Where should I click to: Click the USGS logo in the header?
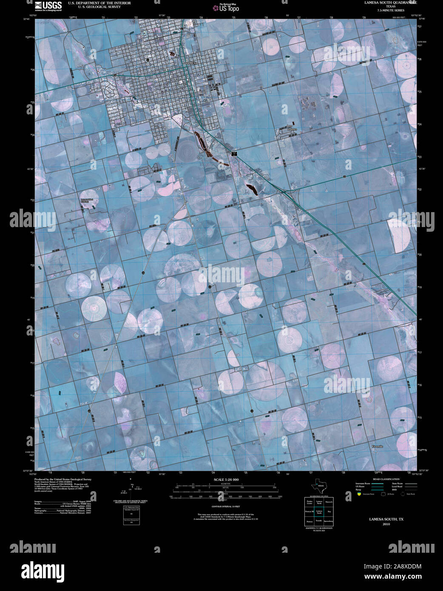(x=48, y=6)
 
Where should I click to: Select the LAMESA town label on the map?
(x=191, y=63)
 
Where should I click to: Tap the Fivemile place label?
(x=377, y=446)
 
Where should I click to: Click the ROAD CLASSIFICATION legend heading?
(x=386, y=479)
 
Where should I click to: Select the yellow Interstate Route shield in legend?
(x=359, y=494)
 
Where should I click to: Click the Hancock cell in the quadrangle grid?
(x=329, y=502)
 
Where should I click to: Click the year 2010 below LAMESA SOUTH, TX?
(x=386, y=524)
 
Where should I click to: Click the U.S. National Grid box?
(x=131, y=515)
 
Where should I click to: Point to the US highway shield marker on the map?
(x=234, y=153)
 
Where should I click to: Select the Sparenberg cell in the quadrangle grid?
(x=329, y=521)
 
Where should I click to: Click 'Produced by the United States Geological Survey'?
(x=62, y=479)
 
